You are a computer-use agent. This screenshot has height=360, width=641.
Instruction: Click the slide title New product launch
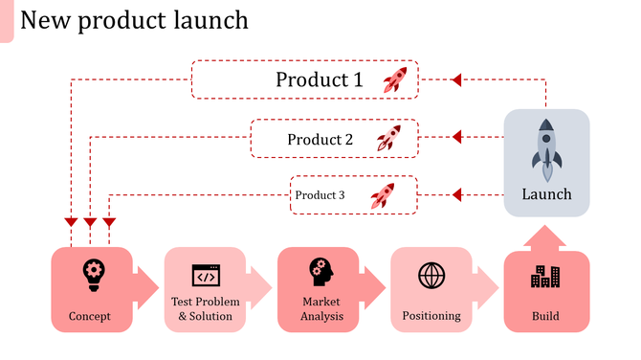134,20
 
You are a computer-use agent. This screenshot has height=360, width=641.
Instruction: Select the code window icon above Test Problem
205,277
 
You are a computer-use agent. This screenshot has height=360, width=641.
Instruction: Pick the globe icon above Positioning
431,276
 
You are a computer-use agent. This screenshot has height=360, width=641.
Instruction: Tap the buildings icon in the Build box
545,277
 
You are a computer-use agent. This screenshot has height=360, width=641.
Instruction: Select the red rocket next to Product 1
394,79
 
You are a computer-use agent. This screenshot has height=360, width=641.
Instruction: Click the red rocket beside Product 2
387,139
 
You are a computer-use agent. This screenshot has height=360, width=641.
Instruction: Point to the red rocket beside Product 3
382,195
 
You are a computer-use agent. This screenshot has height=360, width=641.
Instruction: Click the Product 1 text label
320,79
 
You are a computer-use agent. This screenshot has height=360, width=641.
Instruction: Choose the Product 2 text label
320,140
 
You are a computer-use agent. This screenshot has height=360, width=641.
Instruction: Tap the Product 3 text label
320,195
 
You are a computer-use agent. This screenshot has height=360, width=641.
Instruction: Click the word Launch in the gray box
546,194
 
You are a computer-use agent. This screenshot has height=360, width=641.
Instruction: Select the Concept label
90,316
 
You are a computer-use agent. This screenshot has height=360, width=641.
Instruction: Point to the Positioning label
431,315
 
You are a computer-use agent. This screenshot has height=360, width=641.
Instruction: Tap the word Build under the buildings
545,316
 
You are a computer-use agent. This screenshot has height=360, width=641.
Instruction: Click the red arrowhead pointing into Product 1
456,79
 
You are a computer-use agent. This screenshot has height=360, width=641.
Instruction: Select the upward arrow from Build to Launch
546,240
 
